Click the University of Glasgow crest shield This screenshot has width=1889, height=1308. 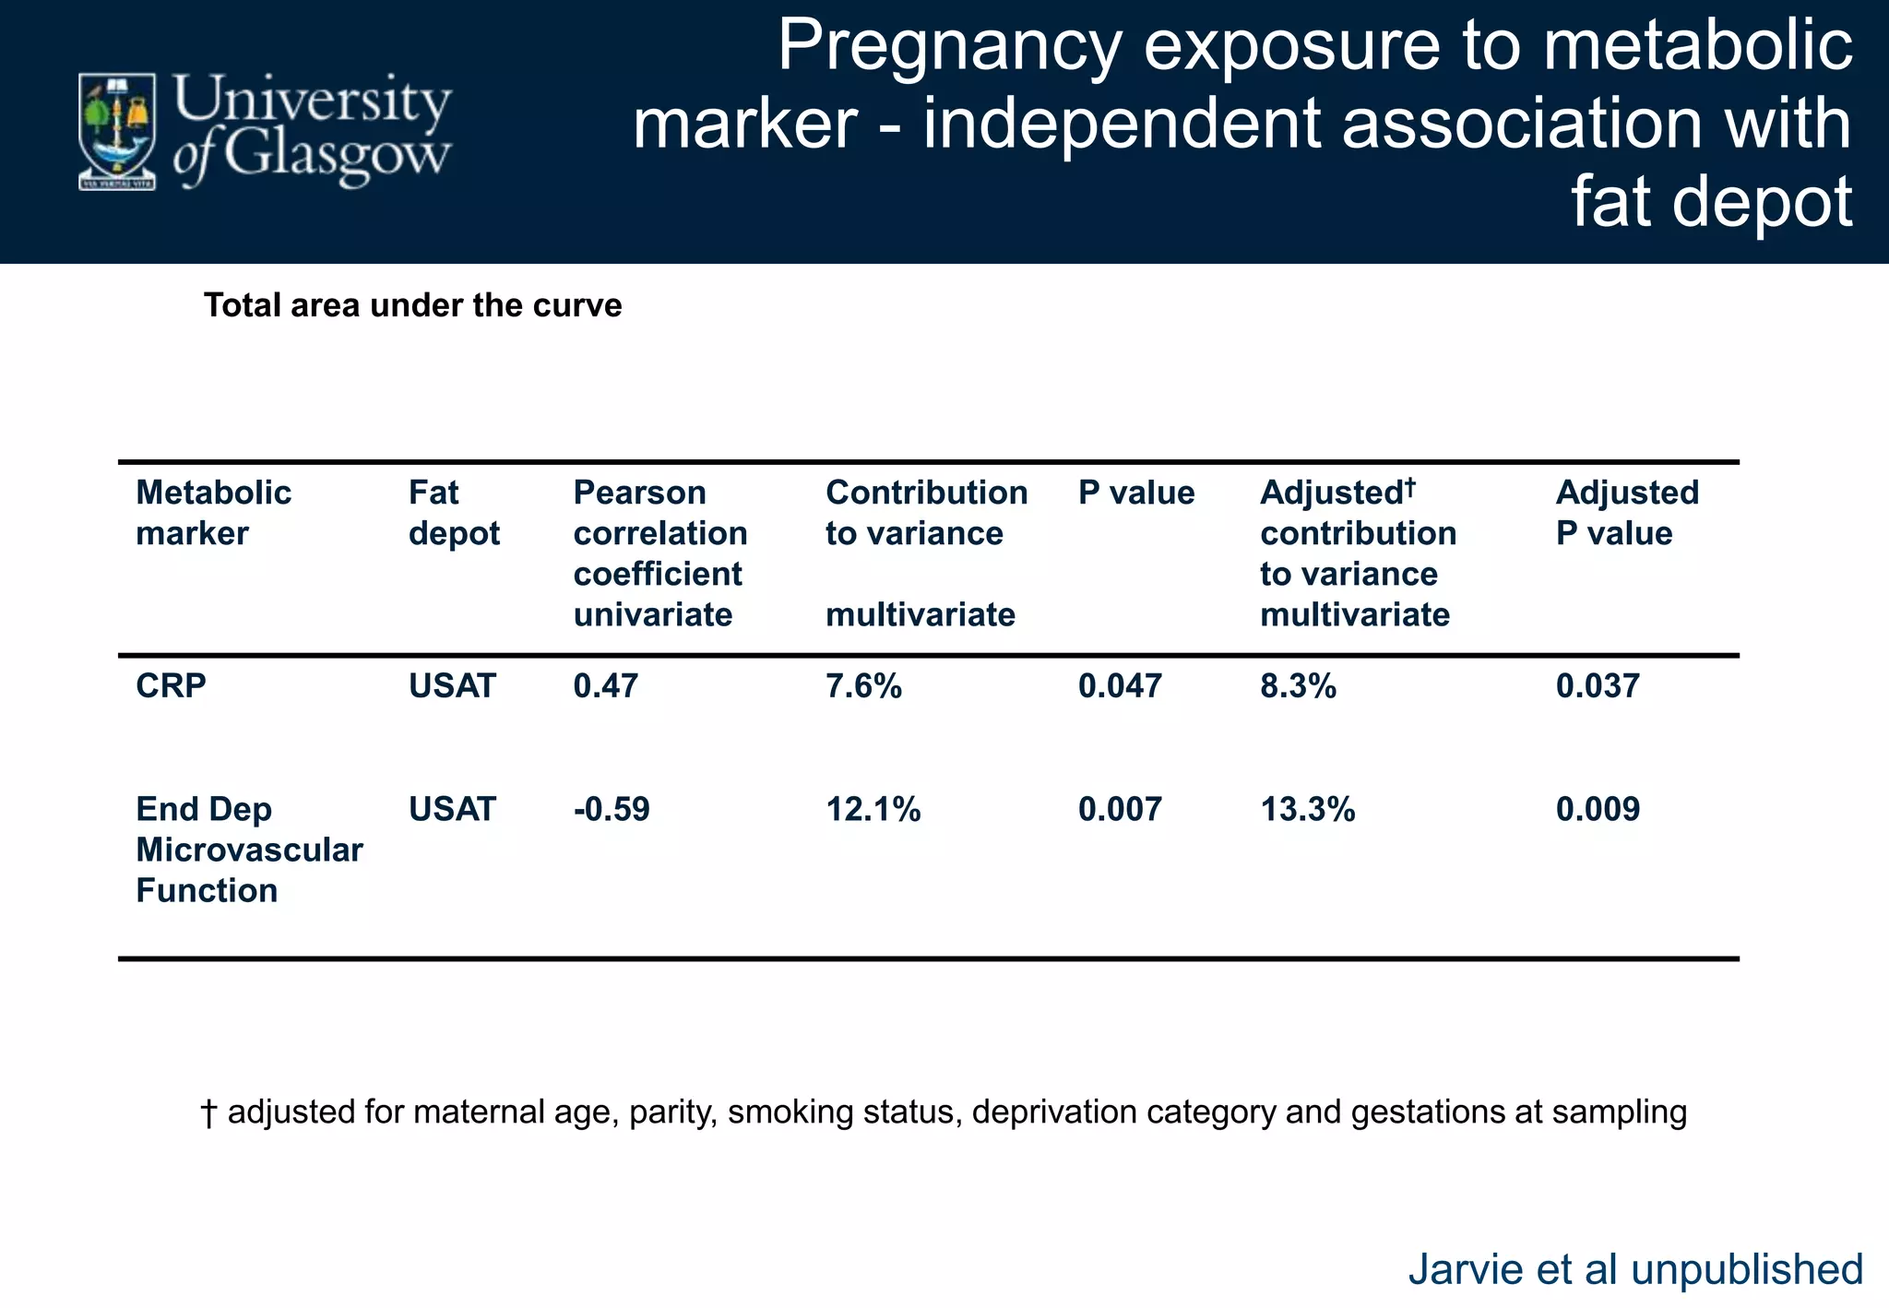click(x=116, y=130)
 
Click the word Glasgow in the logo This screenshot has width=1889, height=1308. click(x=337, y=154)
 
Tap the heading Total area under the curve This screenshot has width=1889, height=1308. click(x=412, y=305)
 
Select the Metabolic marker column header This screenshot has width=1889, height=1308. click(x=213, y=513)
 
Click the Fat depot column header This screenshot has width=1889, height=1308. click(x=454, y=513)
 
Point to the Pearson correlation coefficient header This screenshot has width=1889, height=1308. click(x=659, y=553)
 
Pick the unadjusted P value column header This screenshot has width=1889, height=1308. click(x=1135, y=493)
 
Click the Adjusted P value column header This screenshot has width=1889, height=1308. click(x=1626, y=513)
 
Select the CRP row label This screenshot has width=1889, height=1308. click(x=171, y=686)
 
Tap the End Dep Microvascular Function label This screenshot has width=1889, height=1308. click(x=248, y=850)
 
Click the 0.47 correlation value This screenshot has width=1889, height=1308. click(x=605, y=686)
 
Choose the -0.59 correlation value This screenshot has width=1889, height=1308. click(x=611, y=810)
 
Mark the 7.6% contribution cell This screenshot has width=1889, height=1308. click(x=863, y=686)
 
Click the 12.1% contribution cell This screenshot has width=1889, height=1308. click(x=873, y=810)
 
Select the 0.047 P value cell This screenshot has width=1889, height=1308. click(x=1119, y=686)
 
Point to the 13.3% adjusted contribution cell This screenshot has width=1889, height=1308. click(x=1307, y=810)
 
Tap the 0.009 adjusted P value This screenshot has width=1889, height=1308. click(x=1598, y=810)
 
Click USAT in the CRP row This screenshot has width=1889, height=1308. click(x=452, y=686)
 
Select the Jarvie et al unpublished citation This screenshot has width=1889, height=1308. click(x=1634, y=1269)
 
